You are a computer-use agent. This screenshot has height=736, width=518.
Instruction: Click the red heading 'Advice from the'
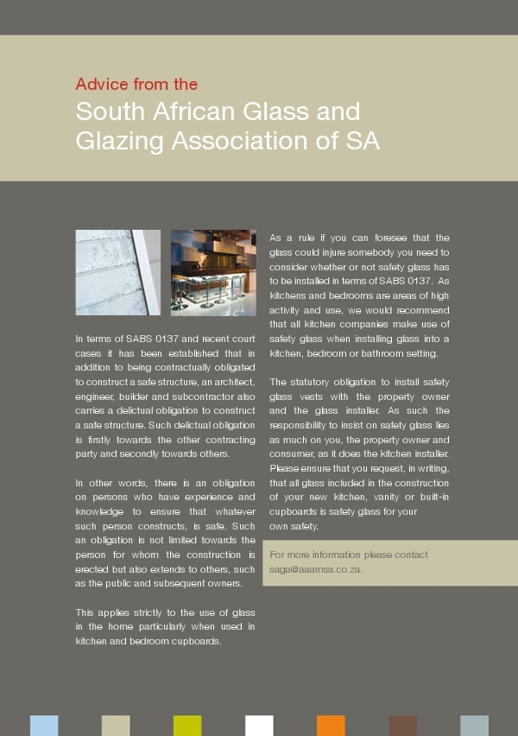(x=136, y=85)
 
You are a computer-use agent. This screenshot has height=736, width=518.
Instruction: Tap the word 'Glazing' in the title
(x=118, y=141)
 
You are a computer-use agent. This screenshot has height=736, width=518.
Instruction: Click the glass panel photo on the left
(x=117, y=272)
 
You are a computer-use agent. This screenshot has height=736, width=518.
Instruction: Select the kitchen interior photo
(x=213, y=272)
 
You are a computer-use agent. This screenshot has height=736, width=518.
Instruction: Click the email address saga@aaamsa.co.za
(x=316, y=570)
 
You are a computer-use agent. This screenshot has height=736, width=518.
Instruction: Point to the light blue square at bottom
(x=44, y=726)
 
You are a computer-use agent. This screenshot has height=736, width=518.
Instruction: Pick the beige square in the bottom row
(x=116, y=726)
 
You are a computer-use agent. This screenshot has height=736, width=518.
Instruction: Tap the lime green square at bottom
(x=187, y=726)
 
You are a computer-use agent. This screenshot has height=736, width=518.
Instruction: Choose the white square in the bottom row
(x=259, y=726)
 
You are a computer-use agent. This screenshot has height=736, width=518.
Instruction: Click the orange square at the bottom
(x=331, y=726)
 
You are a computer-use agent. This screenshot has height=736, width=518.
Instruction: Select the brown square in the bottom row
(x=402, y=726)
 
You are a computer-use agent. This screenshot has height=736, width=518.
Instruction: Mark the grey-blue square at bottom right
(x=474, y=726)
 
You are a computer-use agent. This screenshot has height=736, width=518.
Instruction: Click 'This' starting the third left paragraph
(x=85, y=612)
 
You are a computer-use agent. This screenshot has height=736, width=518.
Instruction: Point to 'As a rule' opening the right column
(x=291, y=238)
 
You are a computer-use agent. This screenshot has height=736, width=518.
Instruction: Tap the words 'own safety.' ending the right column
(x=294, y=526)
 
